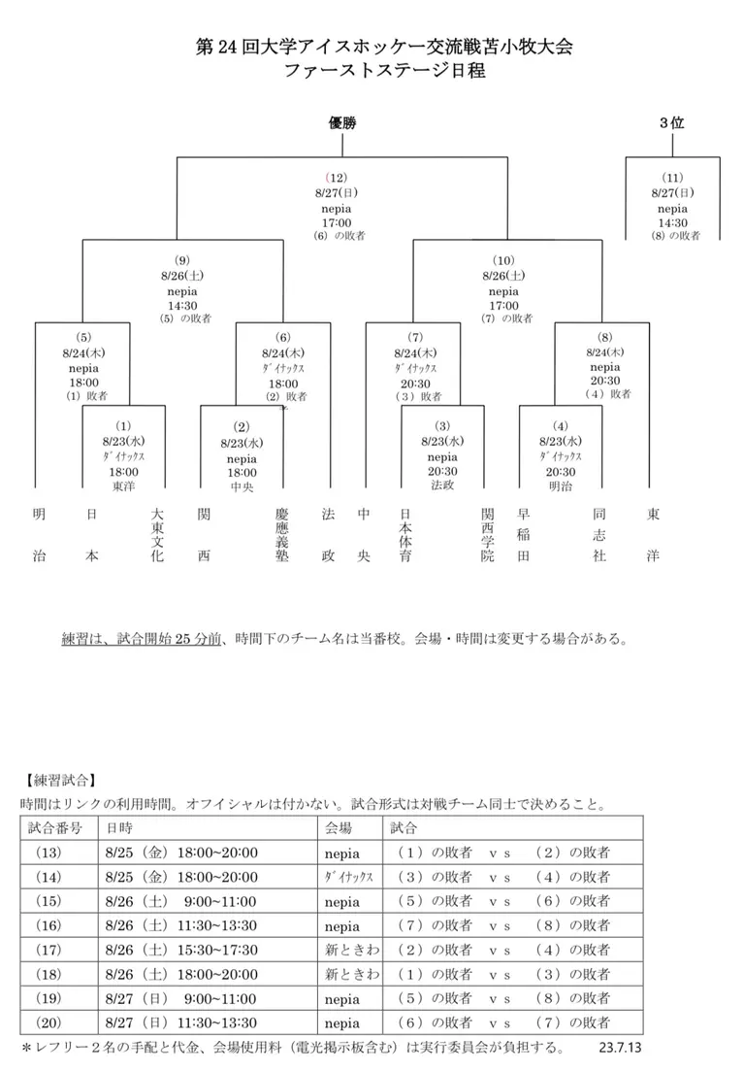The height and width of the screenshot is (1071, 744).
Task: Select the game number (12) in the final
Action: (x=337, y=178)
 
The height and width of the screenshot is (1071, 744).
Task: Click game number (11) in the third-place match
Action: (x=672, y=178)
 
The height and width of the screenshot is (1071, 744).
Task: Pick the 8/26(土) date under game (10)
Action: (x=503, y=276)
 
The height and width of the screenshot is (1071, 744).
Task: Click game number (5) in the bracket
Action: (x=83, y=338)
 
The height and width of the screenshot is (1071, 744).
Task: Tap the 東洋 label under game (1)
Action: (x=123, y=485)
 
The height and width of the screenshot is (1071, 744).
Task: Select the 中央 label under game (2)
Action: (x=242, y=486)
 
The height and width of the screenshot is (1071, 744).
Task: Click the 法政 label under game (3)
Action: (x=442, y=485)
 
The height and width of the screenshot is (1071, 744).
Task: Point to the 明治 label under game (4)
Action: (x=560, y=485)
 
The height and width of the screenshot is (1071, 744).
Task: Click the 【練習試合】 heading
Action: (x=59, y=780)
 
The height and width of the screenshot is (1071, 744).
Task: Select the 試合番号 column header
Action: (x=55, y=828)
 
